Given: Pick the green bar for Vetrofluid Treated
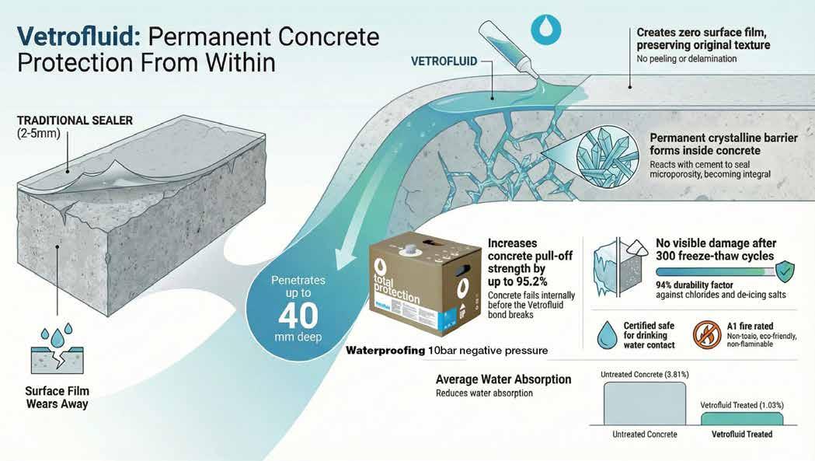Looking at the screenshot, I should (x=742, y=418).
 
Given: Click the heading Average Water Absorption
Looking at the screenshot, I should (x=503, y=379).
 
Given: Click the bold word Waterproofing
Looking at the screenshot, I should (x=385, y=351).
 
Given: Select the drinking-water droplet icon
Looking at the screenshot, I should (x=607, y=335).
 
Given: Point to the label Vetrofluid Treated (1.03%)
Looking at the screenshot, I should (x=741, y=405).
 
